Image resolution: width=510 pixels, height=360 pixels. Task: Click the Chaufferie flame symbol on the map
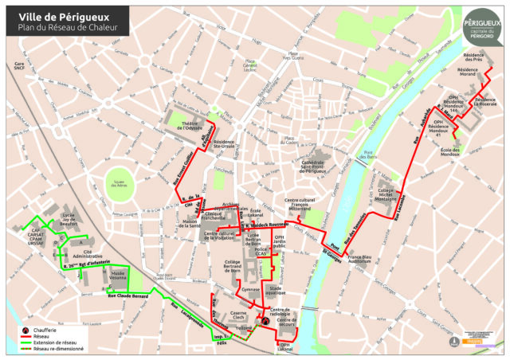pos(267,323)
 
